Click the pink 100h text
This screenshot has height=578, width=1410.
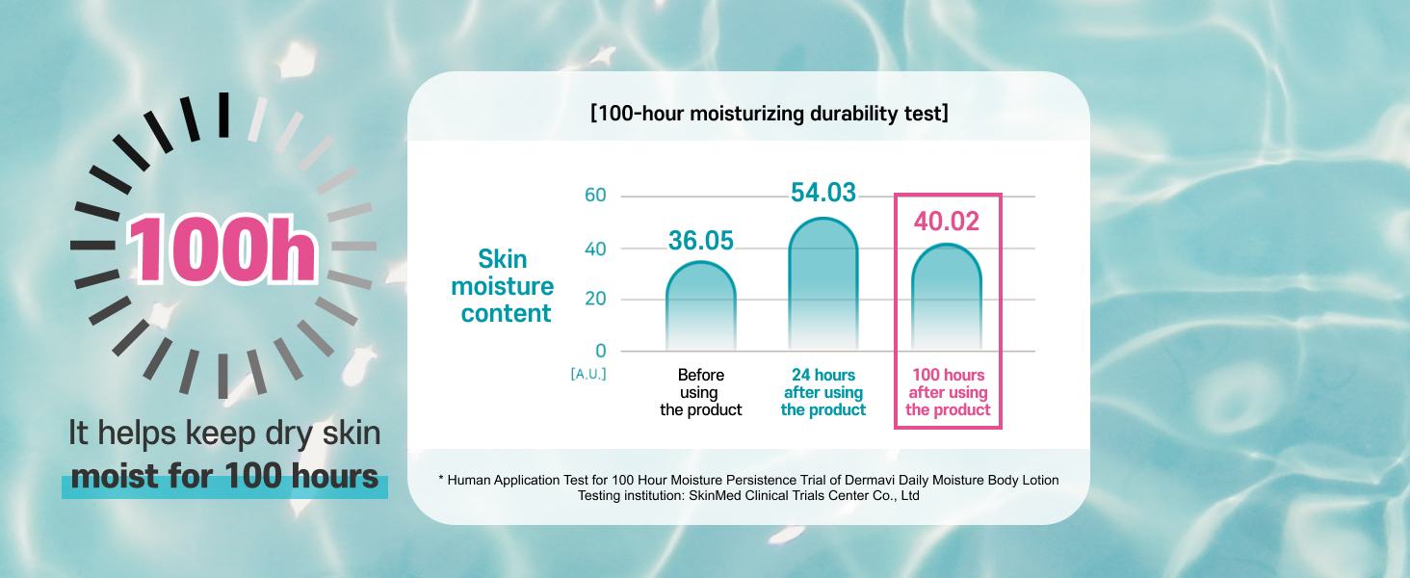pyautogui.click(x=222, y=250)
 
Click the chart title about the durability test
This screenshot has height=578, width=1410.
pyautogui.click(x=770, y=114)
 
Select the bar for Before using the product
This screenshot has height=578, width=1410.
pyautogui.click(x=700, y=306)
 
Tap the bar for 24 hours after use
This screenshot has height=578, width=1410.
pyautogui.click(x=823, y=284)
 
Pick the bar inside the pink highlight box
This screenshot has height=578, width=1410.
pyautogui.click(x=947, y=297)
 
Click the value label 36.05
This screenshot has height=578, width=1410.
pyautogui.click(x=700, y=241)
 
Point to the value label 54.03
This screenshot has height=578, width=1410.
pyautogui.click(x=823, y=193)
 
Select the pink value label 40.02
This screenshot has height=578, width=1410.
pyautogui.click(x=947, y=222)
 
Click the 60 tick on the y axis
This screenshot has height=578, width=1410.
pyautogui.click(x=595, y=196)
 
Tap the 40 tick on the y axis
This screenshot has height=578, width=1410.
pyautogui.click(x=595, y=250)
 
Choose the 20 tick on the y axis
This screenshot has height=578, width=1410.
pyautogui.click(x=595, y=299)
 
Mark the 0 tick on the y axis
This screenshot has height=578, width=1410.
pyautogui.click(x=601, y=351)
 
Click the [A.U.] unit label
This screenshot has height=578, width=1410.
pyautogui.click(x=587, y=374)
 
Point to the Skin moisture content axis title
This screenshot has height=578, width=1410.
pyautogui.click(x=503, y=286)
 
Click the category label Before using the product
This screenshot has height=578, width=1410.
pyautogui.click(x=700, y=392)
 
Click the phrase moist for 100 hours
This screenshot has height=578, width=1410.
pyautogui.click(x=224, y=477)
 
